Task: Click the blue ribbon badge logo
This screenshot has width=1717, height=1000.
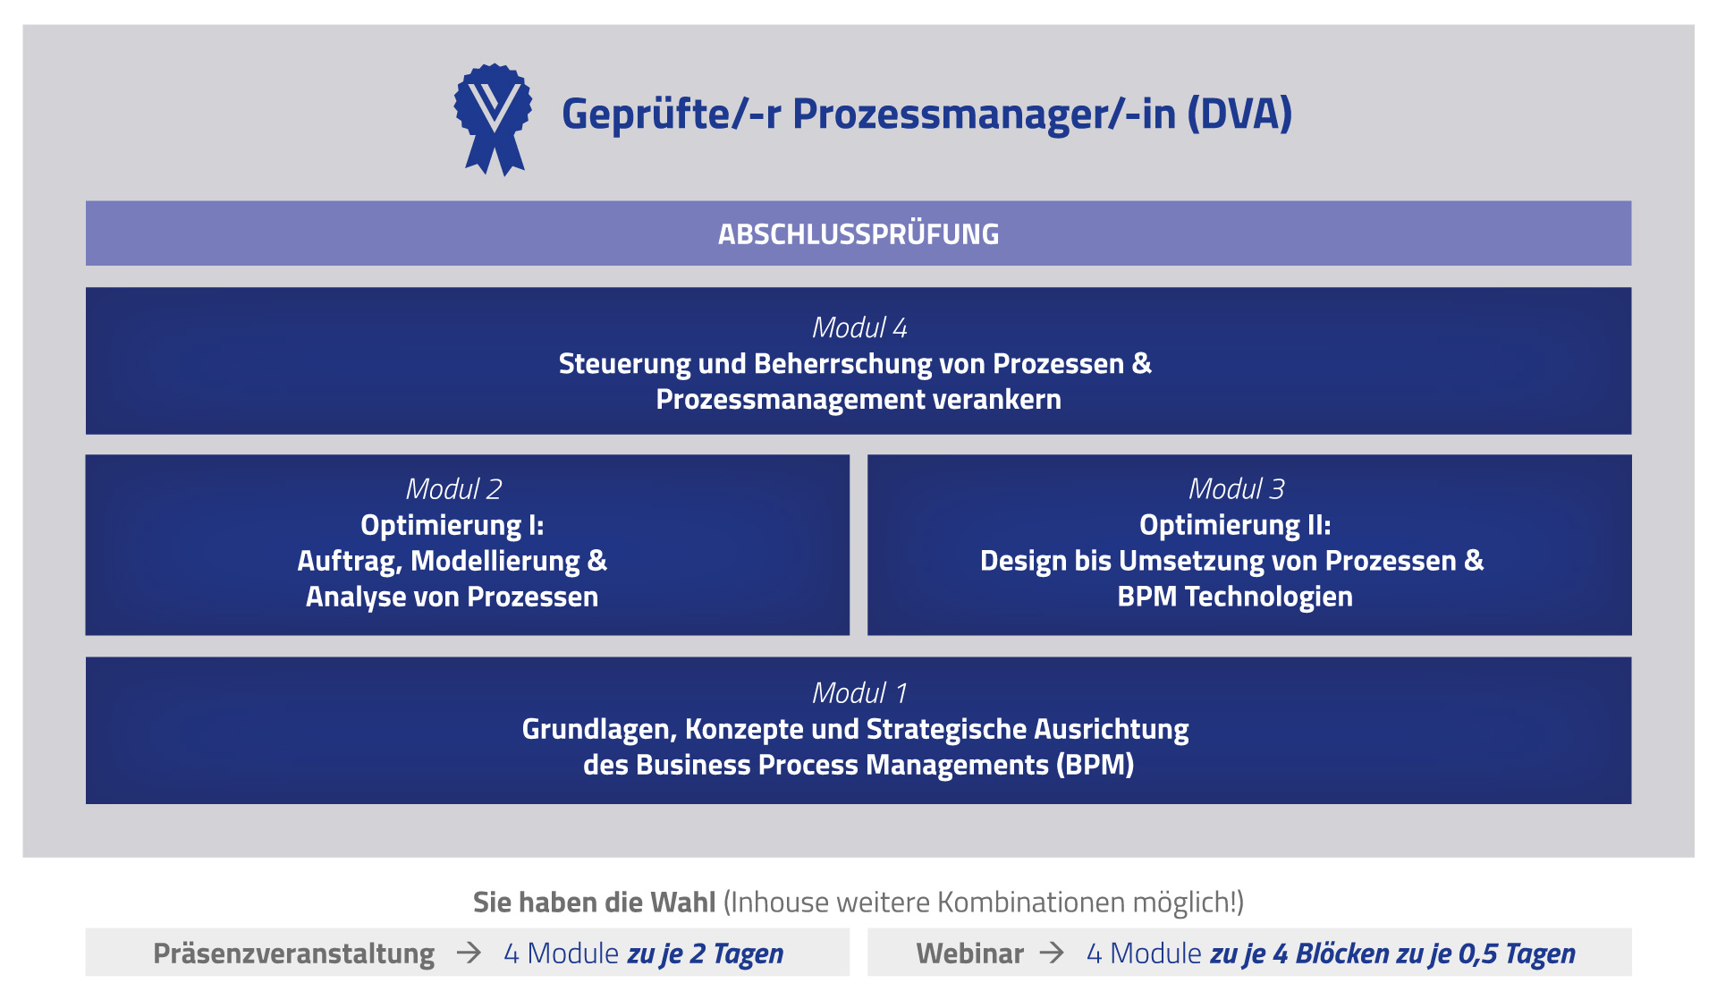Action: tap(493, 119)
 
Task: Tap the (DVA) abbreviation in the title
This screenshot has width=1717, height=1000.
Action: tap(1239, 114)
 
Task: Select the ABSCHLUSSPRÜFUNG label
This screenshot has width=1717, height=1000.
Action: tap(858, 234)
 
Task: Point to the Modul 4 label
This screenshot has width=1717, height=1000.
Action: tap(859, 328)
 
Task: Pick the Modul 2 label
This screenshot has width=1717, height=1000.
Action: tap(453, 489)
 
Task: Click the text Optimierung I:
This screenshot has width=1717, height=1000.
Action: tap(453, 525)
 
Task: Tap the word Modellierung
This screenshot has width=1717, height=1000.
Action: tap(495, 561)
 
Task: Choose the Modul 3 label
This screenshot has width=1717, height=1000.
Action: tap(1236, 489)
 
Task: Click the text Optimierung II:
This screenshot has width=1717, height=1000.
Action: tap(1235, 525)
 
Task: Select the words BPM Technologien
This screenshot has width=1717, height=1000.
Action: tap(1235, 597)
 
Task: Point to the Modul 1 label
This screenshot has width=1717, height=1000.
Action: tap(859, 693)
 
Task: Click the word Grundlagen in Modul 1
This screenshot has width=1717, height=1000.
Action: tap(599, 730)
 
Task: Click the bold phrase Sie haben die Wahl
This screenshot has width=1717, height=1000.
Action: tap(594, 903)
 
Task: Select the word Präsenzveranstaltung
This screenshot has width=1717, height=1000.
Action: tap(294, 954)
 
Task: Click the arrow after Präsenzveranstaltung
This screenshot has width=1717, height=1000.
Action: tap(469, 953)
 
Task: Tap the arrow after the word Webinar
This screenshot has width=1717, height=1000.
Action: tap(1052, 953)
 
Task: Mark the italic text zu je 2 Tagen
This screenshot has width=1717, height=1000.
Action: tap(706, 954)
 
